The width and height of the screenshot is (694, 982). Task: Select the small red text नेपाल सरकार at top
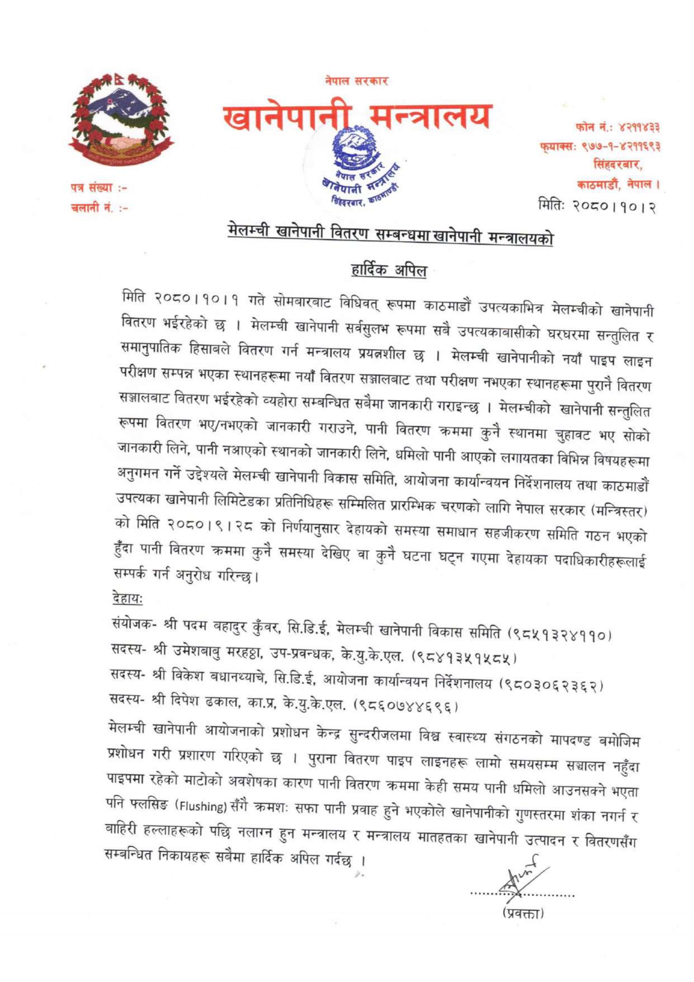tap(357, 81)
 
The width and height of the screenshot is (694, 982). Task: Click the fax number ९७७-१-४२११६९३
tap(621, 146)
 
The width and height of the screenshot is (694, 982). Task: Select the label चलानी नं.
tap(90, 208)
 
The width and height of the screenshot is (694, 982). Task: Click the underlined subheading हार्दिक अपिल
tap(389, 270)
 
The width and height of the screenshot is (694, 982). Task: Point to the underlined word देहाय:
tap(127, 598)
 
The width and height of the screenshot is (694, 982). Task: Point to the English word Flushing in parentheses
tap(202, 806)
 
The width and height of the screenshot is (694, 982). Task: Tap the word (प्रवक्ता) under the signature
tap(523, 913)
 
